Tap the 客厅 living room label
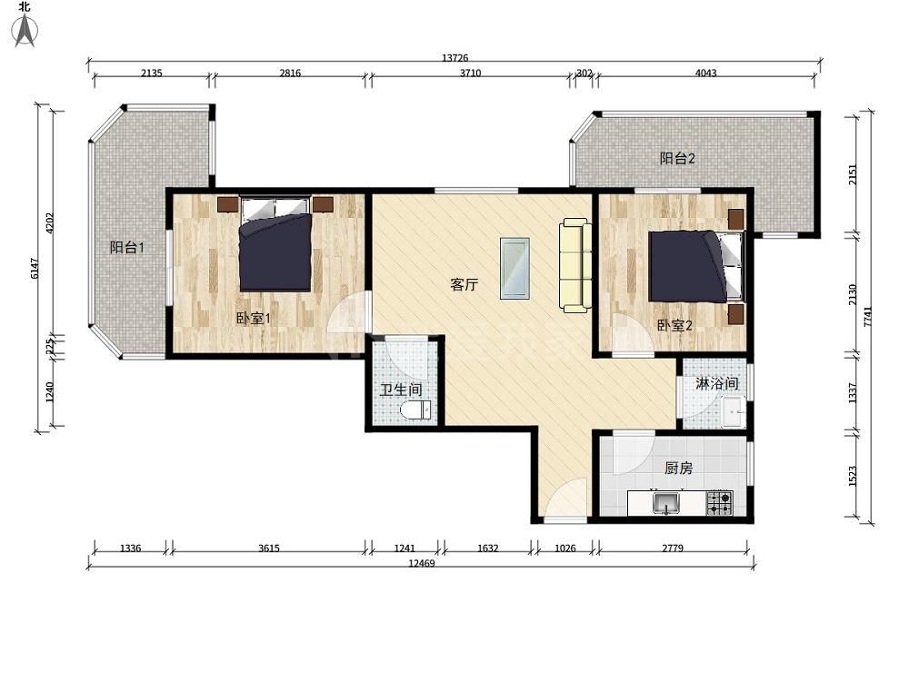(464, 284)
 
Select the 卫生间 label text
(401, 390)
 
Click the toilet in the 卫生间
(415, 411)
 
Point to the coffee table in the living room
(514, 269)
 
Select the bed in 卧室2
(695, 266)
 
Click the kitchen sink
(666, 503)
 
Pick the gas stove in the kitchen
(719, 503)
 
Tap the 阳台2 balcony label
(677, 158)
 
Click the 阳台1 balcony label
(127, 247)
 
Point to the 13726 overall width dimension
(455, 57)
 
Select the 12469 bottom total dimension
(422, 563)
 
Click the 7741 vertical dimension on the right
(867, 316)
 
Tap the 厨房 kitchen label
(678, 468)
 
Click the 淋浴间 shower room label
(716, 383)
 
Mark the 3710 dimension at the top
(470, 73)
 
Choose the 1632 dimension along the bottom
(487, 548)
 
